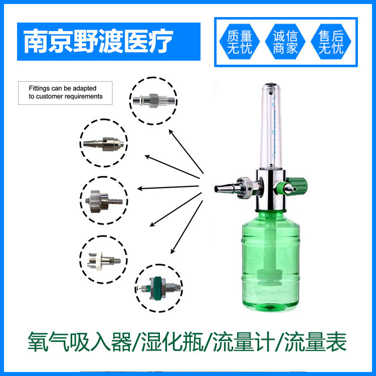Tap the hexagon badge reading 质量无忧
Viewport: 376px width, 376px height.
tap(239, 42)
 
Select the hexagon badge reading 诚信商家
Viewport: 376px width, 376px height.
tap(285, 42)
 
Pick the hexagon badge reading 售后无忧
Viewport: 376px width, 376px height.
tap(331, 42)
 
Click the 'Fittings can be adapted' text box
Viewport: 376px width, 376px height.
tap(65, 93)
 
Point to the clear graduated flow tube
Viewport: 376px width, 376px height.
tap(271, 128)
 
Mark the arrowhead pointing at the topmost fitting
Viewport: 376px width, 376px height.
tap(170, 131)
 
